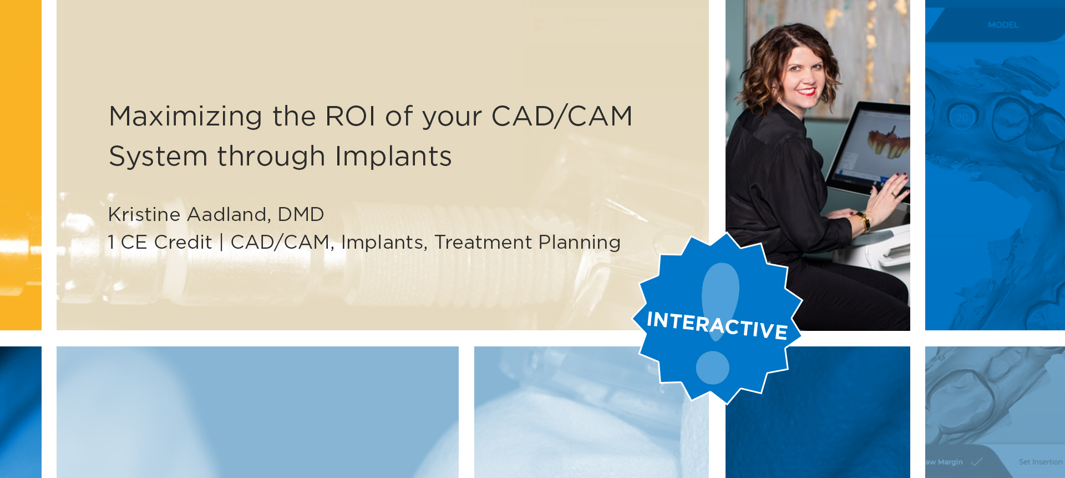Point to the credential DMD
pyautogui.click(x=301, y=214)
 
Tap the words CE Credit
pyautogui.click(x=166, y=242)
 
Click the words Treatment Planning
pyautogui.click(x=528, y=243)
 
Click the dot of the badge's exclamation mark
pyautogui.click(x=712, y=368)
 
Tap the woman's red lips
pyautogui.click(x=807, y=91)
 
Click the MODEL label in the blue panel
pyautogui.click(x=1003, y=25)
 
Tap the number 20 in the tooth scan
pyautogui.click(x=962, y=118)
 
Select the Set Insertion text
pyautogui.click(x=1041, y=462)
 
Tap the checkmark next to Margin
pyautogui.click(x=977, y=461)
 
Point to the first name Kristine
pyautogui.click(x=144, y=214)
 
